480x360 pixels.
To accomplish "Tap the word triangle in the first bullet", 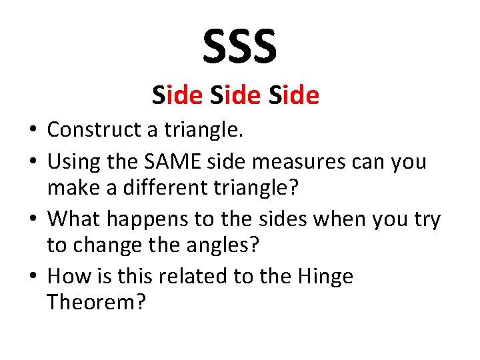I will [209, 129].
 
